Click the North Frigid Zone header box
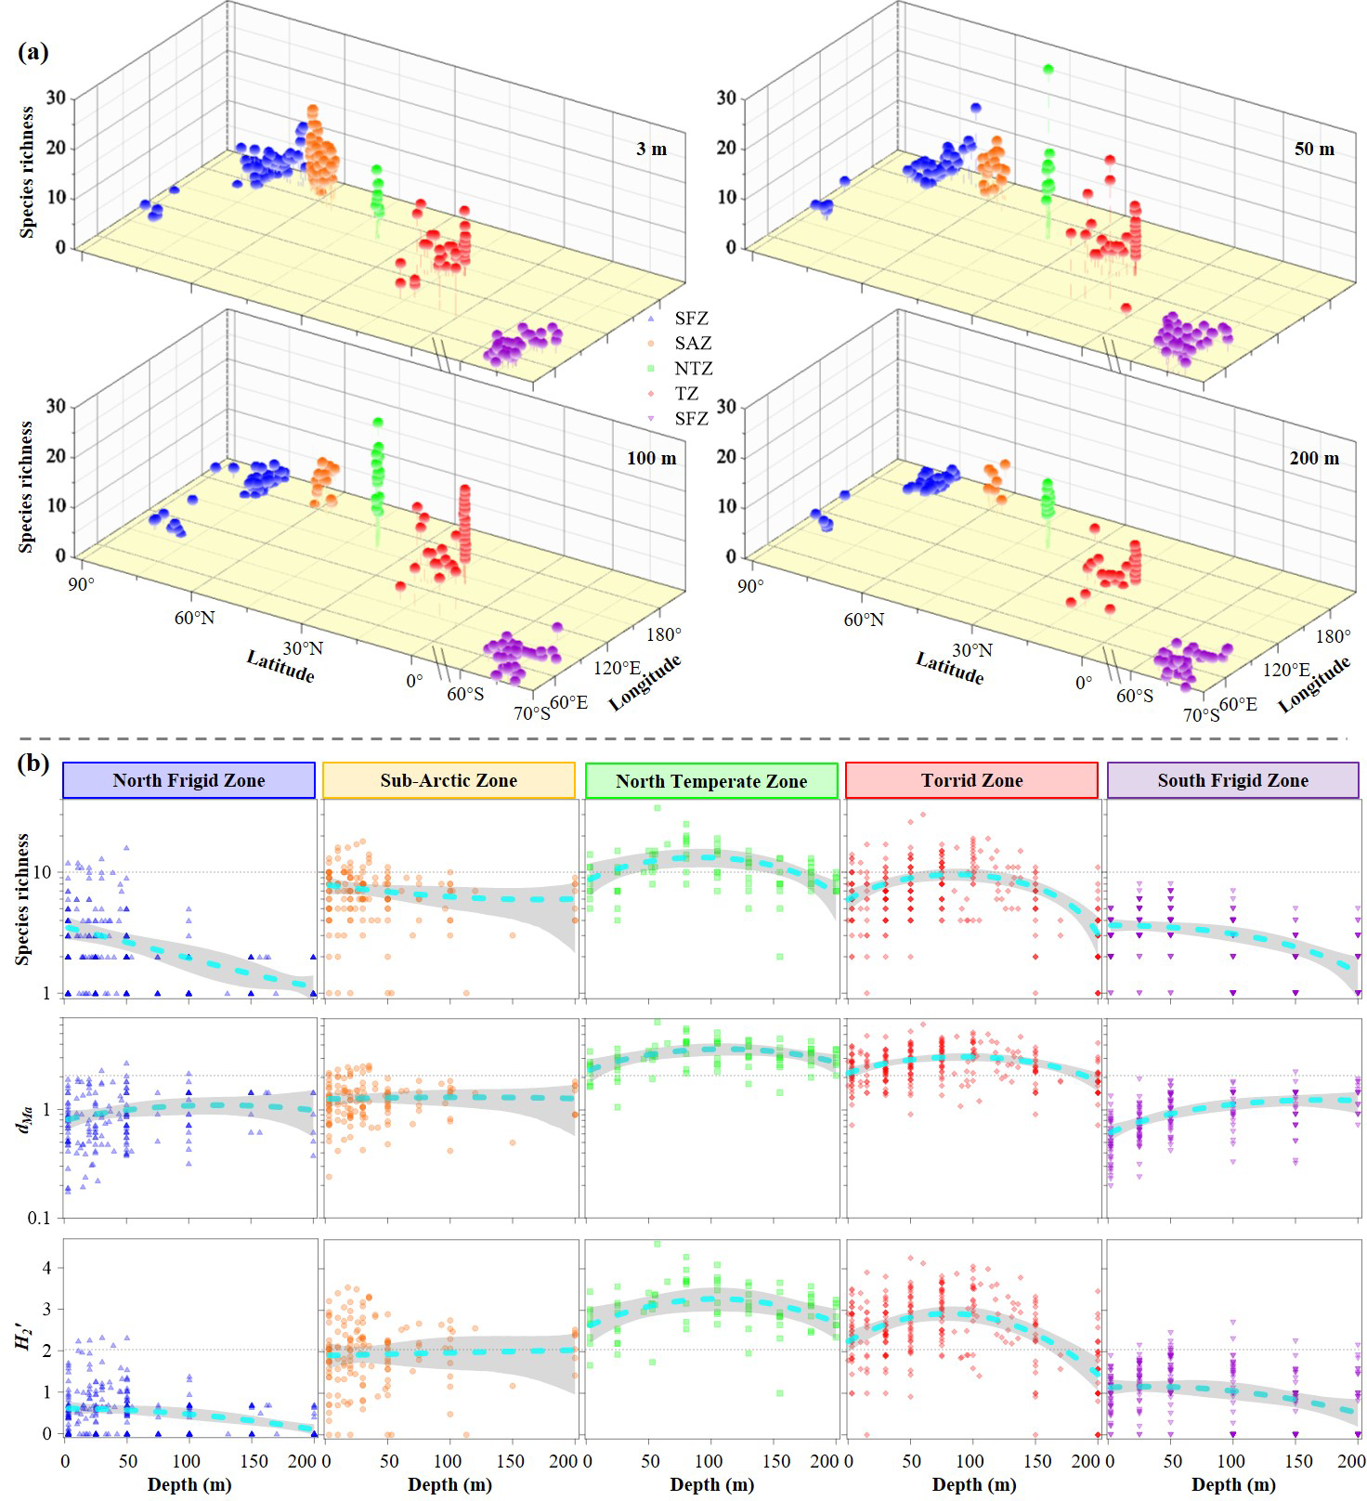tap(189, 780)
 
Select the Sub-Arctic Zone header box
tap(449, 780)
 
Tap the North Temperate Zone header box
tap(711, 781)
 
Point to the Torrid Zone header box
tap(971, 780)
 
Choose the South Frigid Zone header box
tap(1232, 780)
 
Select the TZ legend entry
tap(686, 394)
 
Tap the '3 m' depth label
tap(652, 149)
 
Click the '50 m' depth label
tap(1314, 149)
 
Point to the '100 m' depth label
tap(652, 458)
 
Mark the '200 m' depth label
tap(1314, 458)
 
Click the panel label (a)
tap(33, 52)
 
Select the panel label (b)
tap(33, 764)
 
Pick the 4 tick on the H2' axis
tap(46, 1268)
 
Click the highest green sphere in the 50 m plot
tap(1048, 70)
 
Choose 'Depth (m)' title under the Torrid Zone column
tap(974, 1484)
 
